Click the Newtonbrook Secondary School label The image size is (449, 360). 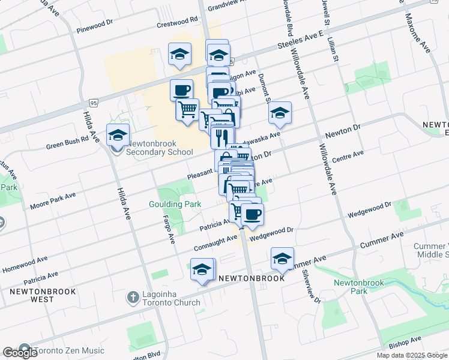point(159,148)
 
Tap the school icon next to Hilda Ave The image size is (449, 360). point(117,136)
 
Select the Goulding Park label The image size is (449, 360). point(175,204)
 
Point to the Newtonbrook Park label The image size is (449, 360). point(358,286)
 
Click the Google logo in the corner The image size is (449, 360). point(20,353)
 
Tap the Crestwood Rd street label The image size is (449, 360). point(177,22)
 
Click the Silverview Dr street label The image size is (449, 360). point(308,282)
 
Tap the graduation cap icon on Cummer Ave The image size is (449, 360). point(282,259)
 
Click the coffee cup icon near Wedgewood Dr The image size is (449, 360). point(252,214)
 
